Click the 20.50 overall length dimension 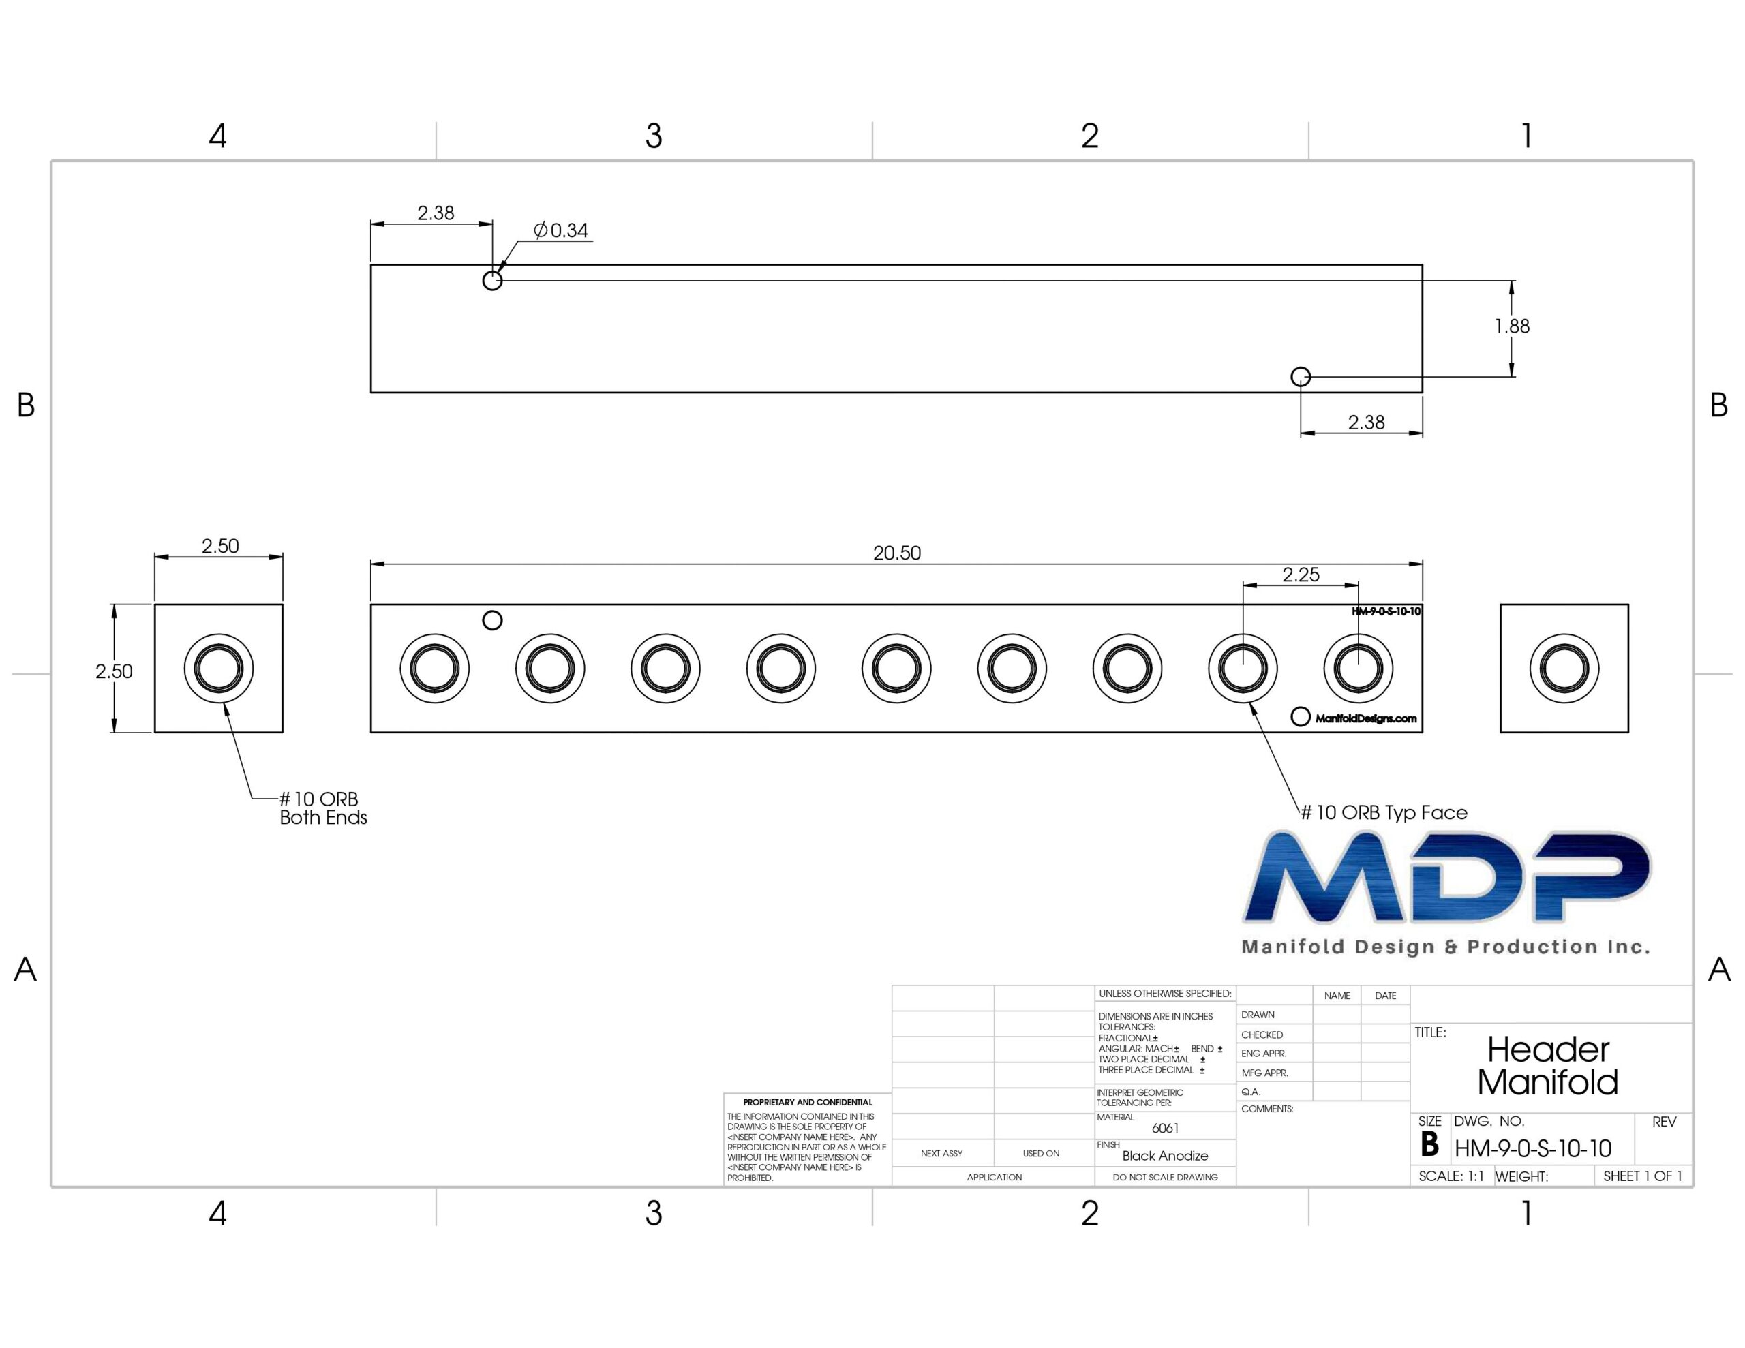tap(896, 553)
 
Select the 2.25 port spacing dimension tap(1301, 575)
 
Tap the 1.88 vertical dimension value tap(1512, 326)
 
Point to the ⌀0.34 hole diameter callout tap(561, 231)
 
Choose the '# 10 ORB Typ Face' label tap(1384, 812)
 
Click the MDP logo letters tap(1447, 876)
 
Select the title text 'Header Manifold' tap(1547, 1066)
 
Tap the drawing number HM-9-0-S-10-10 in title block tap(1532, 1149)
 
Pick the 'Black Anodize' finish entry tap(1165, 1155)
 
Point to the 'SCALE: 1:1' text tap(1451, 1176)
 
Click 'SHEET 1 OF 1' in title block tap(1642, 1176)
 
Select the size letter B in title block tap(1429, 1145)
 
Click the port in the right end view tap(1564, 668)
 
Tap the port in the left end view tap(218, 668)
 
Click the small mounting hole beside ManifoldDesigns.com tap(1301, 717)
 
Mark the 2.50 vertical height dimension tap(113, 671)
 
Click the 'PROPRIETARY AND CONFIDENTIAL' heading tap(808, 1102)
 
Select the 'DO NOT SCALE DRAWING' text tap(1165, 1177)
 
